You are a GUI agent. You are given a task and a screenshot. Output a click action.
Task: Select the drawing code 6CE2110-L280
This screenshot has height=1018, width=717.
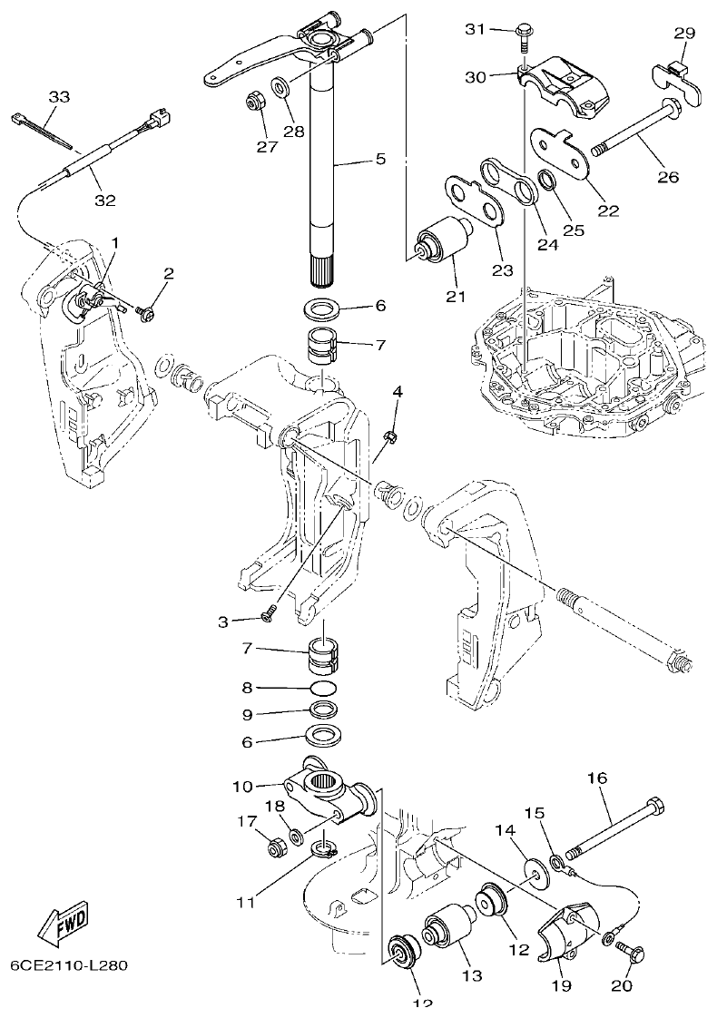click(69, 965)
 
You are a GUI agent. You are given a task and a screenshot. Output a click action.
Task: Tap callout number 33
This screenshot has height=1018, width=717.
click(58, 97)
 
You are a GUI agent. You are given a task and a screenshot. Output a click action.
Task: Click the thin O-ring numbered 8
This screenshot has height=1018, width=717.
click(324, 689)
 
